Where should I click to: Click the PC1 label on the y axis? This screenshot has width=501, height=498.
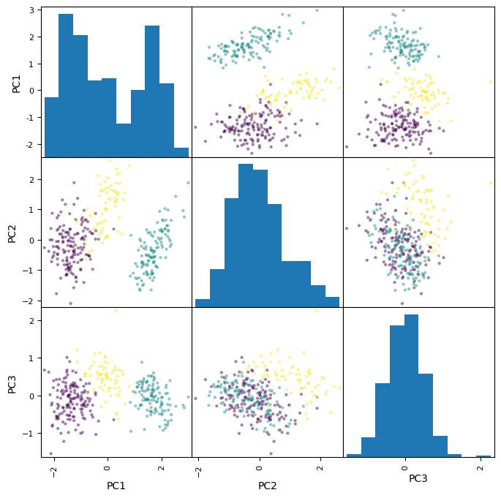click(x=15, y=82)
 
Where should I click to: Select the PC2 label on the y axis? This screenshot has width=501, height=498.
click(x=12, y=233)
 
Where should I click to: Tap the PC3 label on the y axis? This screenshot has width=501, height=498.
click(x=12, y=382)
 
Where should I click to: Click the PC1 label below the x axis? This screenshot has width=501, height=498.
click(x=116, y=486)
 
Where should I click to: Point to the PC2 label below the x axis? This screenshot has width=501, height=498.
click(x=267, y=486)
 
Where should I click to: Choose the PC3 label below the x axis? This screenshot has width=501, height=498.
click(x=418, y=479)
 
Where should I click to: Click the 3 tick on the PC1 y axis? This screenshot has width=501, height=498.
click(x=34, y=10)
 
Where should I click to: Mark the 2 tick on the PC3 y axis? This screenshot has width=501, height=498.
click(x=34, y=320)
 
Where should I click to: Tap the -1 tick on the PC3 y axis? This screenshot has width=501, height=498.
click(x=31, y=434)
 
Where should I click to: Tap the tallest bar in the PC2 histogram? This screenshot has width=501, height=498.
click(x=246, y=234)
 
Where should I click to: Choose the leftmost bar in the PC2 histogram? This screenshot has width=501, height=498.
click(x=203, y=303)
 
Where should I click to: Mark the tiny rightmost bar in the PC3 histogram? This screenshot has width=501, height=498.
click(x=483, y=456)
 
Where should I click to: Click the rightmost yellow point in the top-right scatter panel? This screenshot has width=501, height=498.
click(x=491, y=82)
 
